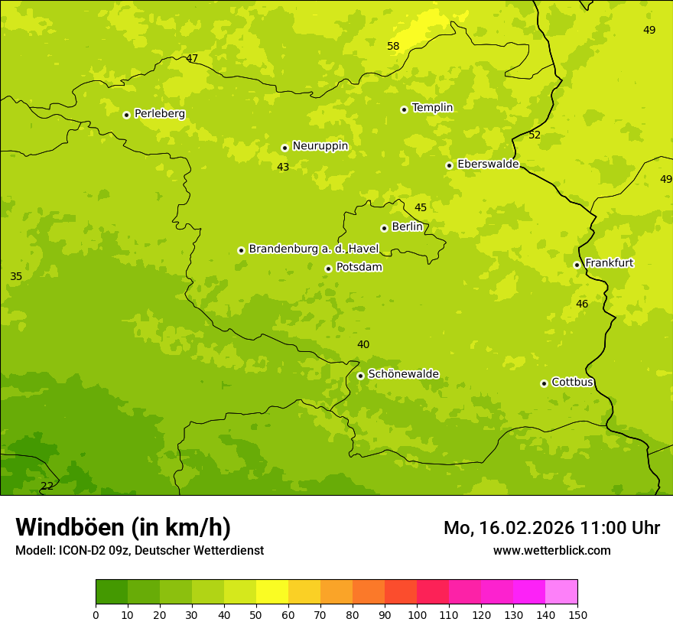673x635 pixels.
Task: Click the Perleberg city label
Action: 159,114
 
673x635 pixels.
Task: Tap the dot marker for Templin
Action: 404,109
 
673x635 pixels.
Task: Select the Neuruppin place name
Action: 320,146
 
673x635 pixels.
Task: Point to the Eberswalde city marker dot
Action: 450,165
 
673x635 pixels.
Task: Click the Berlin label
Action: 407,227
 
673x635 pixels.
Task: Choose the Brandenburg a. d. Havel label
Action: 314,249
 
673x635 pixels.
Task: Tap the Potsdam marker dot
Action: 328,269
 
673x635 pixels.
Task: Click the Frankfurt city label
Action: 609,263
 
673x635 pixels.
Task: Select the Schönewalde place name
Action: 403,374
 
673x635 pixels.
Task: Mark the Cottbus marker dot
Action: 544,383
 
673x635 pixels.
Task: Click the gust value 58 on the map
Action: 393,47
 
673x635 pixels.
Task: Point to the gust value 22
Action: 47,487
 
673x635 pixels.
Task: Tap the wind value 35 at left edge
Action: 16,277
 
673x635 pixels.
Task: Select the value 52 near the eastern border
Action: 535,135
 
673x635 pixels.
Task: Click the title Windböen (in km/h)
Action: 123,527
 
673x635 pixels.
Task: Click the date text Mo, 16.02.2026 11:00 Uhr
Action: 551,528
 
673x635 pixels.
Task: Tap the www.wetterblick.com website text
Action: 551,551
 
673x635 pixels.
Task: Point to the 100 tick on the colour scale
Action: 417,615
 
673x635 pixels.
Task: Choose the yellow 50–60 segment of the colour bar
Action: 272,592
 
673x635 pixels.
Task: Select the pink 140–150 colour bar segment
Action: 561,592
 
